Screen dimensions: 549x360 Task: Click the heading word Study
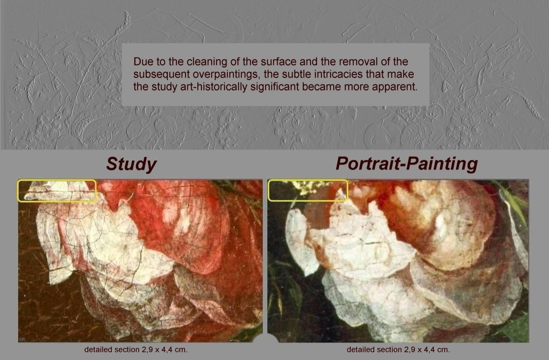click(x=131, y=164)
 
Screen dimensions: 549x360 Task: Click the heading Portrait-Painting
click(x=407, y=164)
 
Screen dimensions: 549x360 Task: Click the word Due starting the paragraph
click(x=141, y=61)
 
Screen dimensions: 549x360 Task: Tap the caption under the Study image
click(x=136, y=349)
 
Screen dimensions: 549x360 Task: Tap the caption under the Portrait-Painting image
click(x=398, y=349)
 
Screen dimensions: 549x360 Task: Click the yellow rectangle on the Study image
click(x=57, y=180)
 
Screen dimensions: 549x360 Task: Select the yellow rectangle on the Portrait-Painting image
click(x=307, y=180)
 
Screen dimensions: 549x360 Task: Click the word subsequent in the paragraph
click(x=162, y=74)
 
